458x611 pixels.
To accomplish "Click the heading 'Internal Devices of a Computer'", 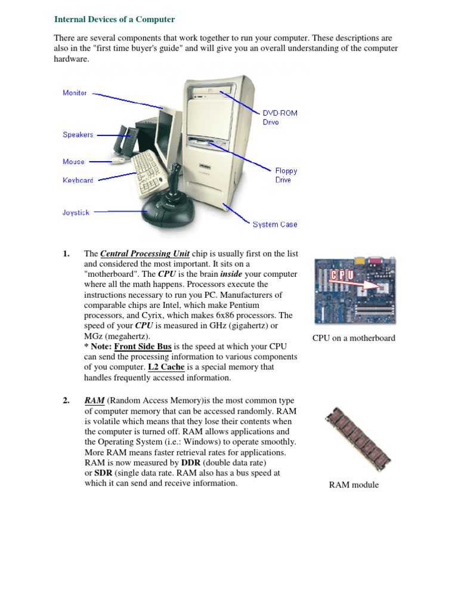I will pyautogui.click(x=114, y=19).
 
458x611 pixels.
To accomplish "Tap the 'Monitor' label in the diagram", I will pyautogui.click(x=75, y=93).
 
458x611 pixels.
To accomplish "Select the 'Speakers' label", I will pyautogui.click(x=78, y=135).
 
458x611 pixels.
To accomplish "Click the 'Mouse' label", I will pyautogui.click(x=73, y=162).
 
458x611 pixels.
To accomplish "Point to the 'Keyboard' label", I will pyautogui.click(x=78, y=180).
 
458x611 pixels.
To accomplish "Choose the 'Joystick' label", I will pyautogui.click(x=76, y=212).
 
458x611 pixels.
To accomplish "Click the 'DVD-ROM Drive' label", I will pyautogui.click(x=280, y=117).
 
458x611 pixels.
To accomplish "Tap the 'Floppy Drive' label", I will pyautogui.click(x=286, y=175).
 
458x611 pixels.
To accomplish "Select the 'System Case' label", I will pyautogui.click(x=274, y=224).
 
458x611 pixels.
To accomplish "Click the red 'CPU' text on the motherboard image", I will pyautogui.click(x=342, y=275).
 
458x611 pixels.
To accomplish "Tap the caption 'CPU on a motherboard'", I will pyautogui.click(x=354, y=338).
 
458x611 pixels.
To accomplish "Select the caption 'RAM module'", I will pyautogui.click(x=354, y=485).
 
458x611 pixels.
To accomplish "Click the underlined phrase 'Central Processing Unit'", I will pyautogui.click(x=145, y=254).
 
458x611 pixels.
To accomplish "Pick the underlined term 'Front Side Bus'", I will pyautogui.click(x=143, y=347).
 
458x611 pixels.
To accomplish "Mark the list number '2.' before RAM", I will pyautogui.click(x=67, y=401).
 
